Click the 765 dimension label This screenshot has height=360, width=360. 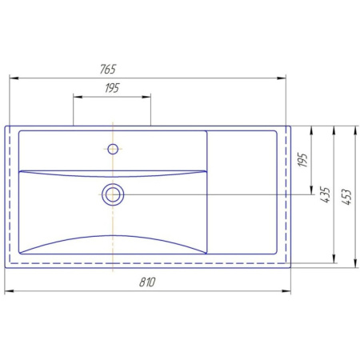coord(108,69)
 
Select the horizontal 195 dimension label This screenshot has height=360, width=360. coord(112,88)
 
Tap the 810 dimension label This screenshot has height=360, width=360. coord(147,282)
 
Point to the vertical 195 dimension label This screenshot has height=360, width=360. coord(302,160)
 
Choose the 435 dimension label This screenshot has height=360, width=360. coord(325,195)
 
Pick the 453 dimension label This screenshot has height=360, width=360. coord(346,197)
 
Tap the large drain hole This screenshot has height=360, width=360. coord(113,194)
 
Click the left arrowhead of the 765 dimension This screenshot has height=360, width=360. coord(14,78)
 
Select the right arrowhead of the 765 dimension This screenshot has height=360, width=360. coord(282,78)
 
